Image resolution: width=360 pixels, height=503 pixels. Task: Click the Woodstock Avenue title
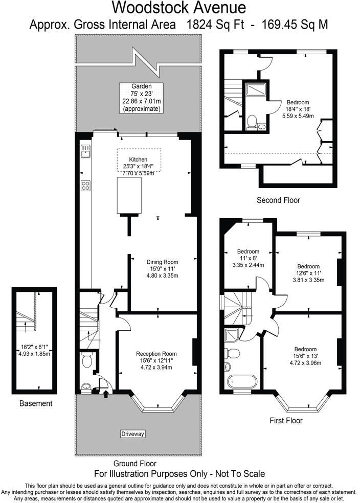179,8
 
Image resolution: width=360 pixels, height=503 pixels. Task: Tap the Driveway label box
133,434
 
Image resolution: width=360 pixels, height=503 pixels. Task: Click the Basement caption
36,403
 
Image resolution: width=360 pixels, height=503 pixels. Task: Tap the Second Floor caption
278,200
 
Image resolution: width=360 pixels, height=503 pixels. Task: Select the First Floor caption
286,421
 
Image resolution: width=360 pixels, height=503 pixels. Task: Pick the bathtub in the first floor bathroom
241,381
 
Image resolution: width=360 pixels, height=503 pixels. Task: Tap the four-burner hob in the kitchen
85,186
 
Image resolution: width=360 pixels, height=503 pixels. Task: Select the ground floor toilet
86,360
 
